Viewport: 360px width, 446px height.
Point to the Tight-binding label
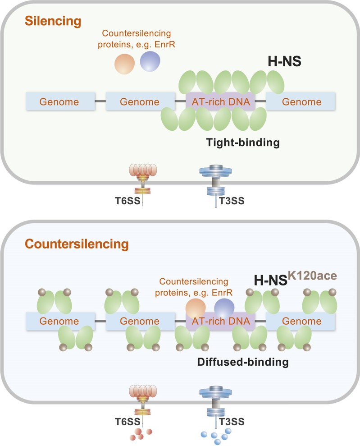[243, 143]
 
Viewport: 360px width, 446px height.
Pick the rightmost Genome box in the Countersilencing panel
[301, 322]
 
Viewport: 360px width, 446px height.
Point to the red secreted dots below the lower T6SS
[140, 434]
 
